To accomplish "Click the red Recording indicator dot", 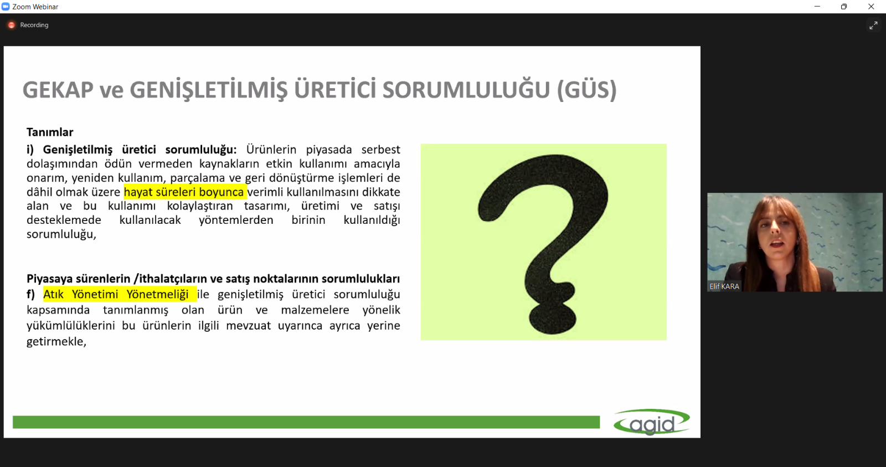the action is [x=12, y=25].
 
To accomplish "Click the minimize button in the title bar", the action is [x=817, y=6].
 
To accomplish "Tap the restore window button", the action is [x=844, y=6].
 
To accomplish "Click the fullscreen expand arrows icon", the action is [x=873, y=25].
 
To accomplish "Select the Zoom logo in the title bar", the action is [x=6, y=7].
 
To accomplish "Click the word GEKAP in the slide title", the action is [x=58, y=90].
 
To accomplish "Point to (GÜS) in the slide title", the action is [x=586, y=89].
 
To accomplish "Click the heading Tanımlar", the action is [x=50, y=132].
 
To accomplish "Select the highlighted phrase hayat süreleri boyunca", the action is [x=184, y=192].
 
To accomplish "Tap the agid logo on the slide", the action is [x=651, y=422].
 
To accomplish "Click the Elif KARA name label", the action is [x=724, y=286].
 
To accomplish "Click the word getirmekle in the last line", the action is [x=56, y=341].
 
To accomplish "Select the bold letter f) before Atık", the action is [x=30, y=295].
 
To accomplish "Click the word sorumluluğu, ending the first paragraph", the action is [x=61, y=234].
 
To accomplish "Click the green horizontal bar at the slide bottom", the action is [x=306, y=422].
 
